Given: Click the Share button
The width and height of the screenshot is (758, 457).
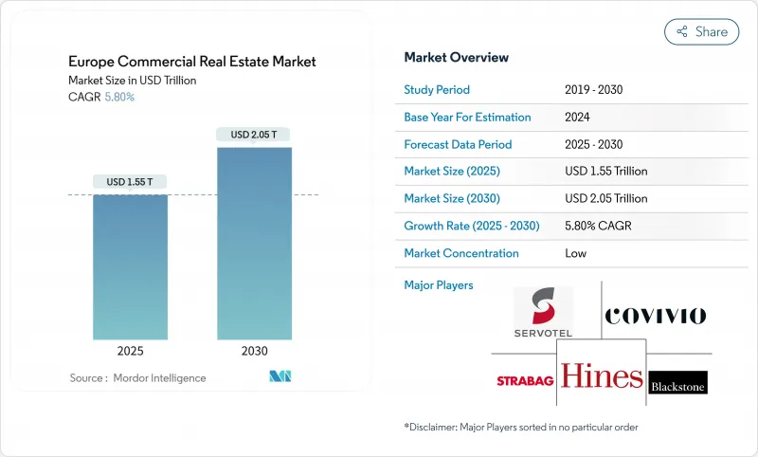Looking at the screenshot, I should (x=702, y=31).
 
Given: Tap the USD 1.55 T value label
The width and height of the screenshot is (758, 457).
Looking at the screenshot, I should (x=130, y=182).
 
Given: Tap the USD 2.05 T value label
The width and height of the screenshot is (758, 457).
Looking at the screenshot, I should (x=254, y=135).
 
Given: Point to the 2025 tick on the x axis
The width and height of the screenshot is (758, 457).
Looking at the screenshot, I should (x=130, y=351).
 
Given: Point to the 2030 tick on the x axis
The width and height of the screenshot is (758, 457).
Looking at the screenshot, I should (x=254, y=351).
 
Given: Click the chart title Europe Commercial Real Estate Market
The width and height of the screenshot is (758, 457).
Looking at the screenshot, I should (x=192, y=62).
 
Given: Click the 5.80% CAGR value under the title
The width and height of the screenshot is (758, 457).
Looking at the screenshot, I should (x=118, y=97).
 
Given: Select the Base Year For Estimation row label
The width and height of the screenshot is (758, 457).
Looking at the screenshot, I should (x=467, y=118).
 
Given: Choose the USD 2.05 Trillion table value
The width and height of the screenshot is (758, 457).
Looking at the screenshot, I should (x=605, y=199).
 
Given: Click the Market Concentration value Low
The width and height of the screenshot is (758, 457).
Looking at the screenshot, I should (x=575, y=253).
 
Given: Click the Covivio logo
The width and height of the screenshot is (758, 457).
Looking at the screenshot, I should (x=656, y=316).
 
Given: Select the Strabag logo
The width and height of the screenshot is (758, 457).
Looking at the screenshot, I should (x=525, y=381).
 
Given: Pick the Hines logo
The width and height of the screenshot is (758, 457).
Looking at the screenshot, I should (x=601, y=376).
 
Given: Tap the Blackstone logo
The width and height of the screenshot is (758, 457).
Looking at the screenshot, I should (x=678, y=382).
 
